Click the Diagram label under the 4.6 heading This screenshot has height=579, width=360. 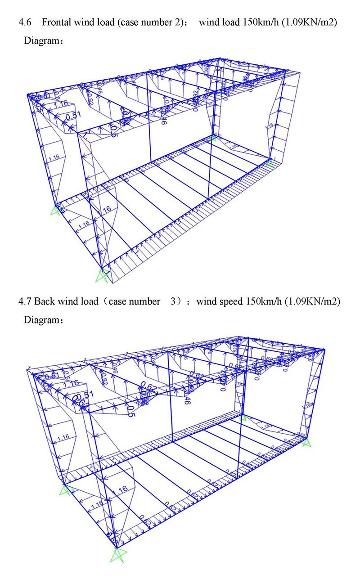click(41, 41)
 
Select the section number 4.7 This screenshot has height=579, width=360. click(25, 301)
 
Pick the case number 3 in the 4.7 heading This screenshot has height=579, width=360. click(173, 301)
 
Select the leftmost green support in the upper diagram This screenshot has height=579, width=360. click(56, 210)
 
